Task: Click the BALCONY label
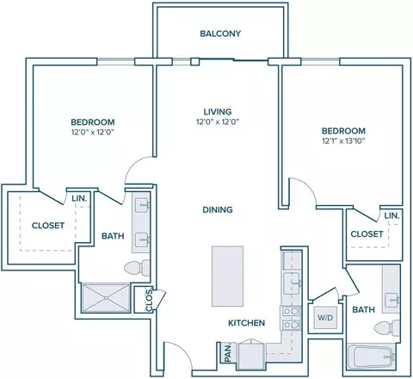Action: coord(220,34)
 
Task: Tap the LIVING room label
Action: coord(218,112)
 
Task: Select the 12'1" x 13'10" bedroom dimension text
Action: coord(343,141)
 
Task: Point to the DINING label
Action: coord(218,209)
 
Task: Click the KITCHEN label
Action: coord(246,323)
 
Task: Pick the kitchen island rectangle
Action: coord(227,276)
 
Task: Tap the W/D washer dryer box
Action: coord(325,318)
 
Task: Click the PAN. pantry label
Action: coord(228,353)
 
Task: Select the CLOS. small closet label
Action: coord(149,300)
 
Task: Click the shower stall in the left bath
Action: coord(106,298)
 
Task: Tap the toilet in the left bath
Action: coord(137,268)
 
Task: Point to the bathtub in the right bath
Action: coord(373,357)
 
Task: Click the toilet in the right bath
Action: coord(387,328)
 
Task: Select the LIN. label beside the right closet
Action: coord(391,215)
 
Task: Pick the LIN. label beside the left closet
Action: coord(79,198)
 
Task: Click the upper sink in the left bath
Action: coord(142,205)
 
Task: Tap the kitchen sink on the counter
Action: coord(292,283)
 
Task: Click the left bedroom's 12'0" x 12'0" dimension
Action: coord(93,133)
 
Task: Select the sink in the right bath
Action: coord(391,300)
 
